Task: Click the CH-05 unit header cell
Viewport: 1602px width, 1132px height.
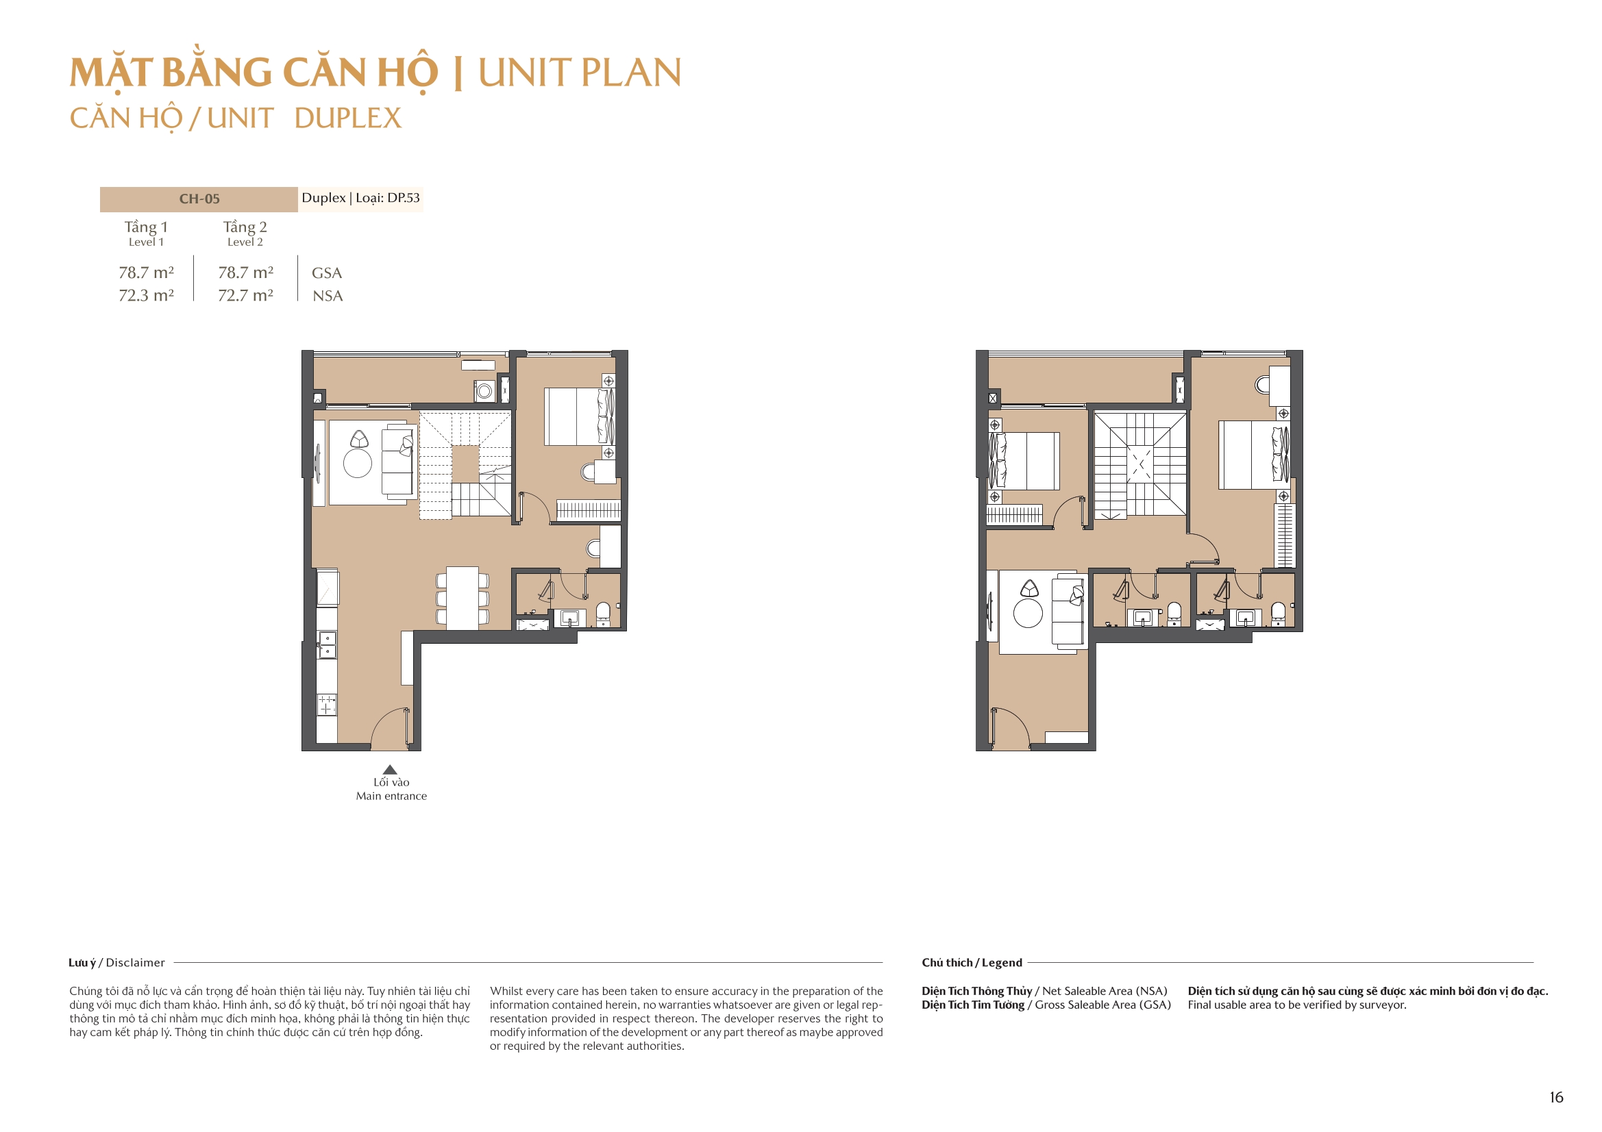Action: (x=199, y=199)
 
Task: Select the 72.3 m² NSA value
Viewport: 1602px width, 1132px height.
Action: (x=146, y=295)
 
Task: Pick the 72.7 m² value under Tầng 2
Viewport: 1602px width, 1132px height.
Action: (x=245, y=295)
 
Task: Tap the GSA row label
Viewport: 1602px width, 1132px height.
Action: (x=327, y=273)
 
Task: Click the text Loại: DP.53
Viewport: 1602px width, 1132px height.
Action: (x=387, y=198)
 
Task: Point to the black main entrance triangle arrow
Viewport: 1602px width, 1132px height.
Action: (x=390, y=769)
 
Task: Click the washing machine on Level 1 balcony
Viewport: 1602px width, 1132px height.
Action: (x=484, y=391)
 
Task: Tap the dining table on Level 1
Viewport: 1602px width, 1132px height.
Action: (x=462, y=598)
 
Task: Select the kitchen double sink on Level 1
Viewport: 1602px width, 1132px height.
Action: (x=327, y=644)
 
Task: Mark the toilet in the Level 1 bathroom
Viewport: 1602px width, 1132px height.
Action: (x=603, y=613)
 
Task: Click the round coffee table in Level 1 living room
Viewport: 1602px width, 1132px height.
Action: (x=357, y=464)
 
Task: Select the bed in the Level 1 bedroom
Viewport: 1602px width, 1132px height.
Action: (x=576, y=417)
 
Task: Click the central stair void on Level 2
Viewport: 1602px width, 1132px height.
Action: (x=1139, y=464)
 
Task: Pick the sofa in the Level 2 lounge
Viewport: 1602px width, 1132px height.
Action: (x=1068, y=612)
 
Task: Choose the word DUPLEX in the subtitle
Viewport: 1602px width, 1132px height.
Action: (x=347, y=118)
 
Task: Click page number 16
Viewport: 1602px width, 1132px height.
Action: (x=1556, y=1097)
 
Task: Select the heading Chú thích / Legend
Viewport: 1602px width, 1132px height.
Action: (x=971, y=963)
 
